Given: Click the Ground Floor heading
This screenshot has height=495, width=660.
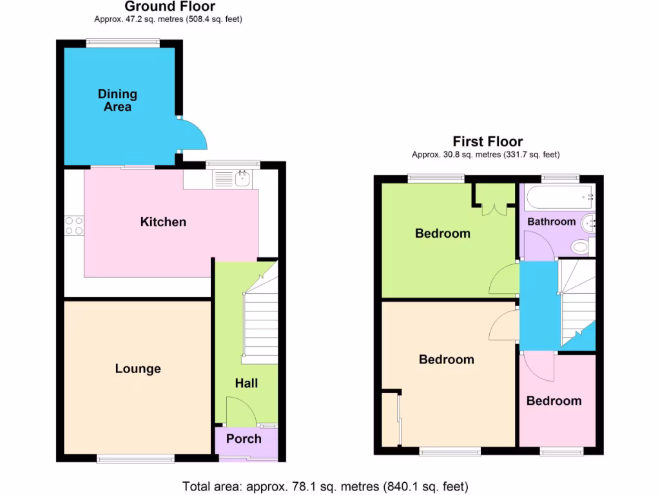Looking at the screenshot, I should [x=170, y=7].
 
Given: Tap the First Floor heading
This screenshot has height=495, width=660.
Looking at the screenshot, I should [x=487, y=142].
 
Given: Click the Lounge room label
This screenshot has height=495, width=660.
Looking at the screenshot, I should [x=138, y=369].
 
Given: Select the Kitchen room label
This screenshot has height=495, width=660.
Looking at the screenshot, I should [x=163, y=222].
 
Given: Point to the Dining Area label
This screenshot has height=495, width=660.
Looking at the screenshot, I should [x=117, y=100].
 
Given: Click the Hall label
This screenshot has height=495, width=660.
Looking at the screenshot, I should [x=246, y=383].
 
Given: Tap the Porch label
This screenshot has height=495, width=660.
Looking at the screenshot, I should [x=244, y=439].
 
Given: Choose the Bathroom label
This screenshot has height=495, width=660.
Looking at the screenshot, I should [x=551, y=222].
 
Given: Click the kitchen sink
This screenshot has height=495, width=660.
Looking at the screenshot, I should [x=242, y=178].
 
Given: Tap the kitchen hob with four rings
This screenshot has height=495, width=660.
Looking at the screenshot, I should [x=74, y=225].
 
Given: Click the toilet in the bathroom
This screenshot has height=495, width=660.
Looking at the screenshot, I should [x=581, y=246].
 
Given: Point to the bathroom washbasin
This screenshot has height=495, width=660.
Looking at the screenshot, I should [x=590, y=224].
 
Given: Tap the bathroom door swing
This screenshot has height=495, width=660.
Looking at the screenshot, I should [x=537, y=246].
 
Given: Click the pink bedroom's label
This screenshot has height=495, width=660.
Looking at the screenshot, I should [x=554, y=401].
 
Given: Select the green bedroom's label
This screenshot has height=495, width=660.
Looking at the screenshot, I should [x=442, y=233].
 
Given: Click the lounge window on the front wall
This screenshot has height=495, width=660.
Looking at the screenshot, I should [x=135, y=458].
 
